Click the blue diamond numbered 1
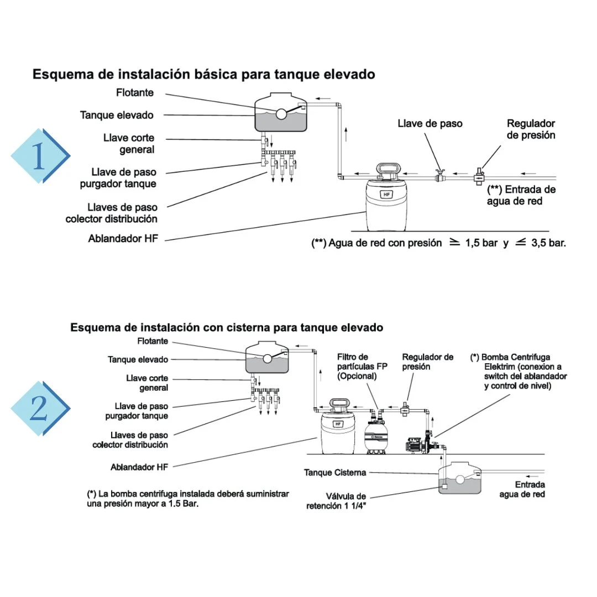pyautogui.click(x=40, y=156)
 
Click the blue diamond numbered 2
pyautogui.click(x=40, y=408)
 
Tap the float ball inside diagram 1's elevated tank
pyautogui.click(x=281, y=113)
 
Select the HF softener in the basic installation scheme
pyautogui.click(x=386, y=197)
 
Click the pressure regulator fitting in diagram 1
pyautogui.click(x=479, y=177)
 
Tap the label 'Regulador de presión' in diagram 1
pyautogui.click(x=531, y=129)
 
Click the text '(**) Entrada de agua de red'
pyautogui.click(x=521, y=195)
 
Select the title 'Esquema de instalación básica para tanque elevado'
pyautogui.click(x=203, y=74)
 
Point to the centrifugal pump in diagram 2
pyautogui.click(x=421, y=445)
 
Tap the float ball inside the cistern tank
pyautogui.click(x=460, y=480)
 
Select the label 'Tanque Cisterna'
pyautogui.click(x=335, y=473)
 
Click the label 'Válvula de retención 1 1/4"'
pyautogui.click(x=336, y=501)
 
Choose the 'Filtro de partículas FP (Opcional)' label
pyautogui.click(x=362, y=366)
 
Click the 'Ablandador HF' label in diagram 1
pyautogui.click(x=123, y=239)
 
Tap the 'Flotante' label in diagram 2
pyautogui.click(x=153, y=341)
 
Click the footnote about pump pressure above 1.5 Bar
pyautogui.click(x=188, y=499)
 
